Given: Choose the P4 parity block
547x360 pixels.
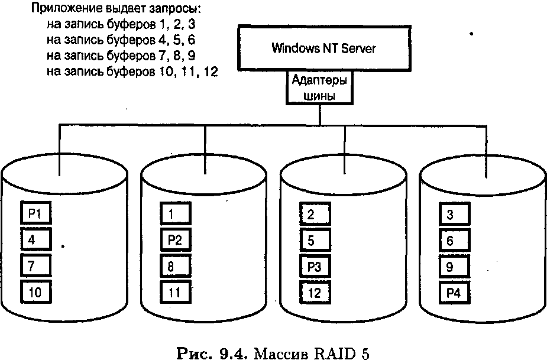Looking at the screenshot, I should pos(455,291).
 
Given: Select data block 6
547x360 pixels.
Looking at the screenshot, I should pos(455,240).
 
